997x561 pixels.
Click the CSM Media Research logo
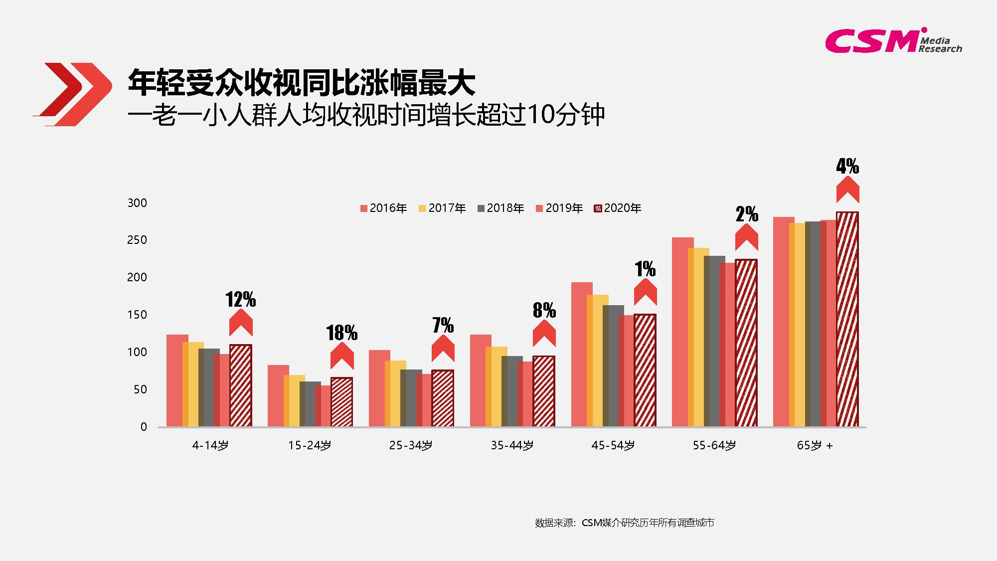[x=893, y=40]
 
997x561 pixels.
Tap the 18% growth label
[x=342, y=333]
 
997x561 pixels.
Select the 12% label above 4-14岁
[x=241, y=299]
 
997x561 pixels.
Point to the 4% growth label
[x=847, y=166]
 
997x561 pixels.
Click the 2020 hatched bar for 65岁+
[x=847, y=319]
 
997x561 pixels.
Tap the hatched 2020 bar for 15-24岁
[x=342, y=402]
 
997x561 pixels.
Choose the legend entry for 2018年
[x=500, y=208]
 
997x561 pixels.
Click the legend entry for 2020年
[x=618, y=208]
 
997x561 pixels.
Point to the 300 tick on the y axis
[x=137, y=203]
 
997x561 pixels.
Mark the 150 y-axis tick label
[x=137, y=315]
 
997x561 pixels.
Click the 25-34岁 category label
[x=411, y=445]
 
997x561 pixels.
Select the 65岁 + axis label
[x=815, y=445]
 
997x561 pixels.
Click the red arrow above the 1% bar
[x=646, y=292]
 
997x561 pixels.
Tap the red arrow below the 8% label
[x=544, y=333]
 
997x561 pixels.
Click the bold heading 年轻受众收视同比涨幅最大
[x=302, y=82]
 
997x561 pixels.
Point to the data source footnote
[x=625, y=523]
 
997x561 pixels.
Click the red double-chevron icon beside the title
[x=73, y=94]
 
